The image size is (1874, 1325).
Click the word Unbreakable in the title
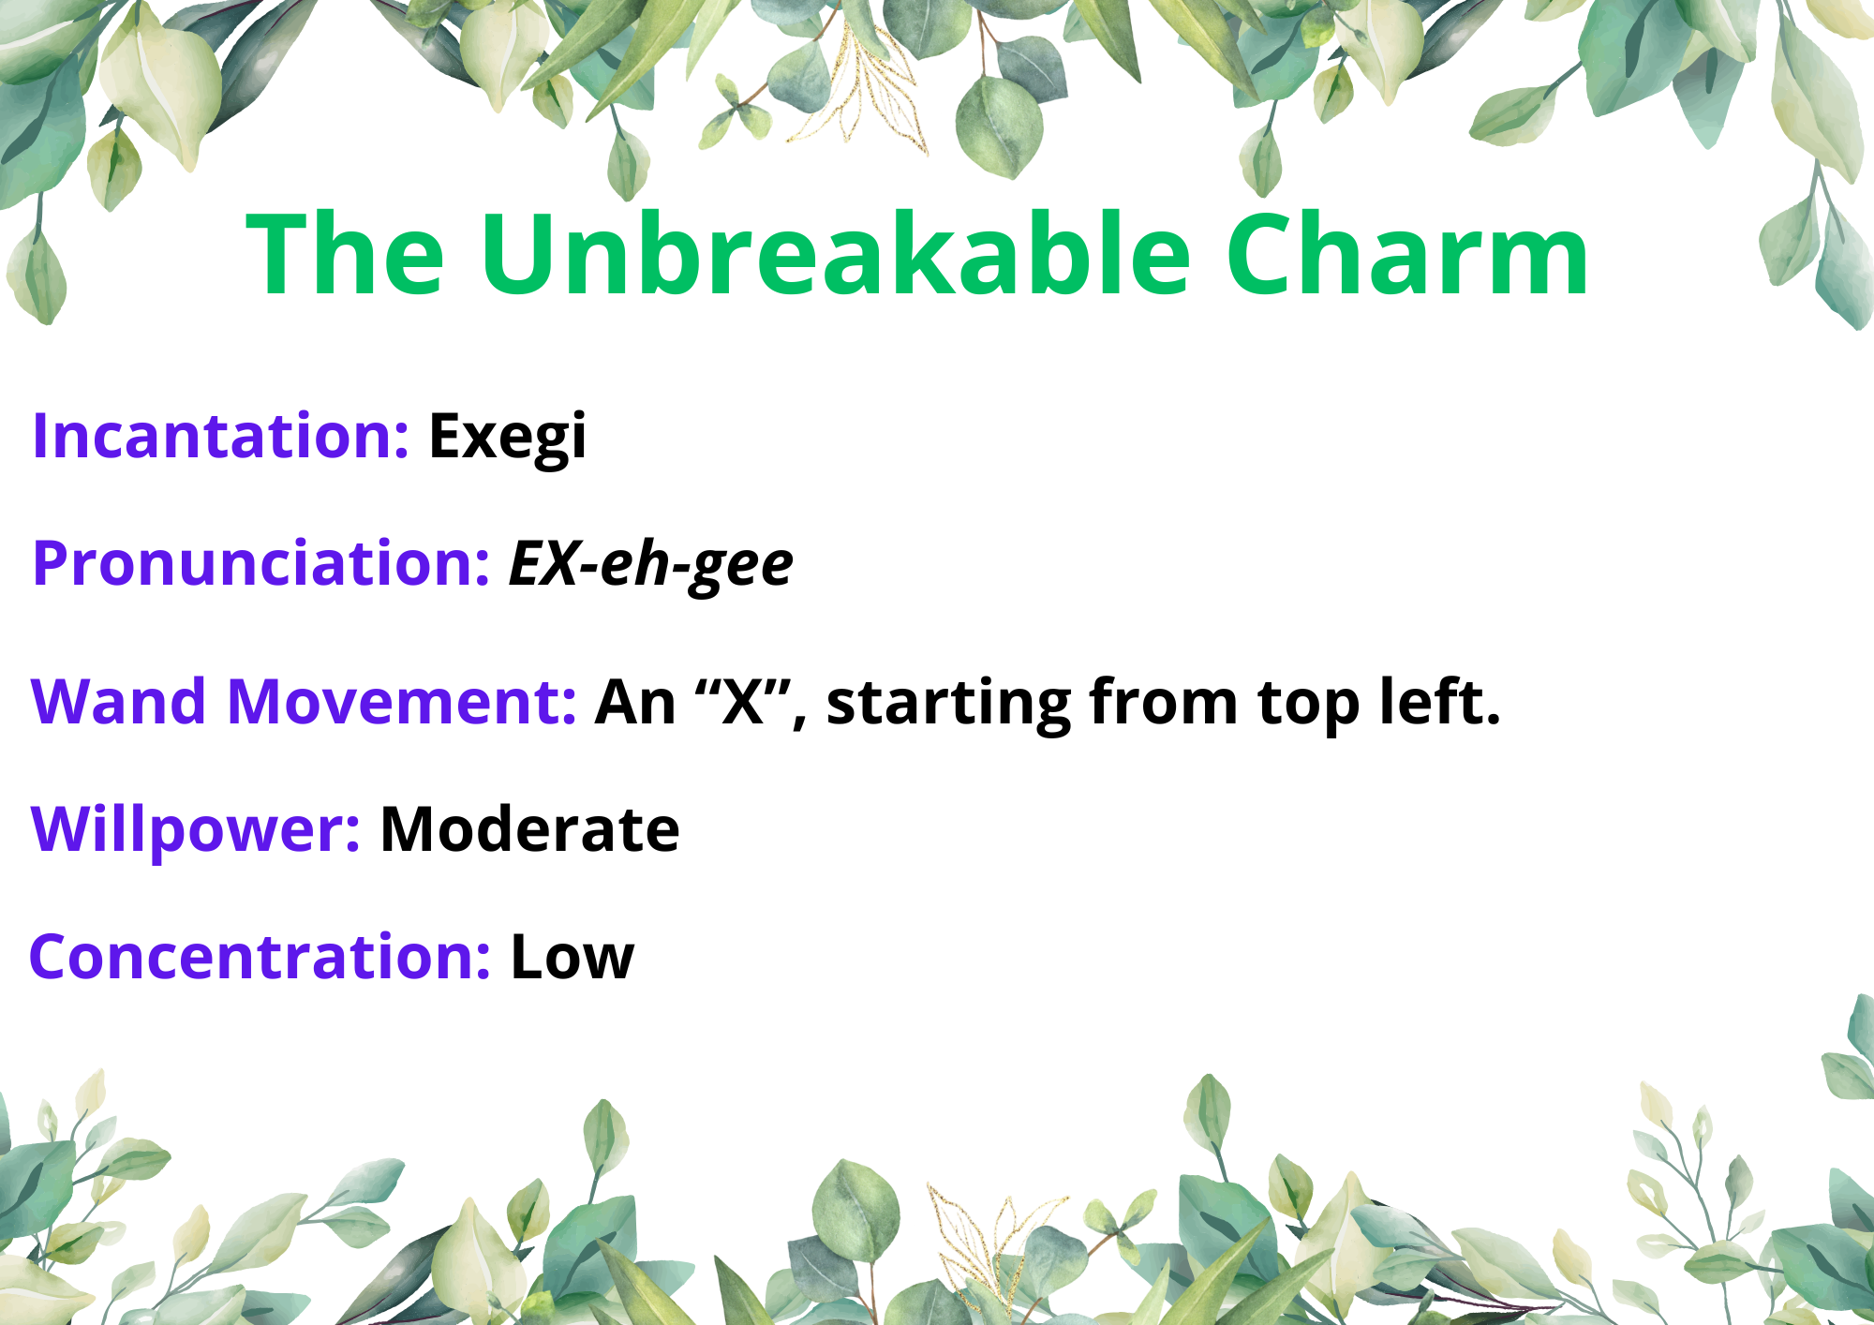835,253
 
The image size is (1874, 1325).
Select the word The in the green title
345,253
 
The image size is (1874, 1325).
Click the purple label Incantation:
220,436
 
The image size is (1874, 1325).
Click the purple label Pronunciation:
261,565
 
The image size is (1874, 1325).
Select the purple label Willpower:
195,830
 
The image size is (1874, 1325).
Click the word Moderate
529,829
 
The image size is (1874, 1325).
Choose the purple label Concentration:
260,957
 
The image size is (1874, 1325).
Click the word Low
573,958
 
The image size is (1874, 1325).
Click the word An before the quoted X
635,702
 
